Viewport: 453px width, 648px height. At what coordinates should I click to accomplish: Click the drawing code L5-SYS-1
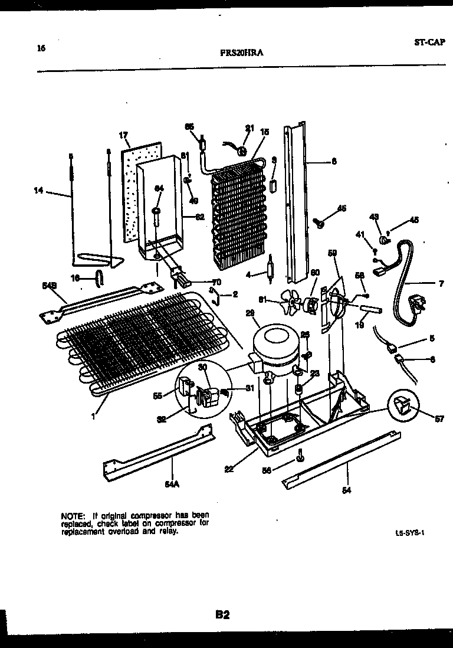[x=411, y=532]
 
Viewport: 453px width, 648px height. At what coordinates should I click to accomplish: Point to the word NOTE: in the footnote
[x=72, y=515]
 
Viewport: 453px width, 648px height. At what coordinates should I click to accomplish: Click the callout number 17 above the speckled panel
[x=123, y=135]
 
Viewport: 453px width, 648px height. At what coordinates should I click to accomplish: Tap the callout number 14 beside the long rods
[x=40, y=190]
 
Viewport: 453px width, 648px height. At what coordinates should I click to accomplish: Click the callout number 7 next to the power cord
[x=441, y=284]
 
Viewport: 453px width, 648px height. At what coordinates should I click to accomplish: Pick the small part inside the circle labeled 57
[x=402, y=407]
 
